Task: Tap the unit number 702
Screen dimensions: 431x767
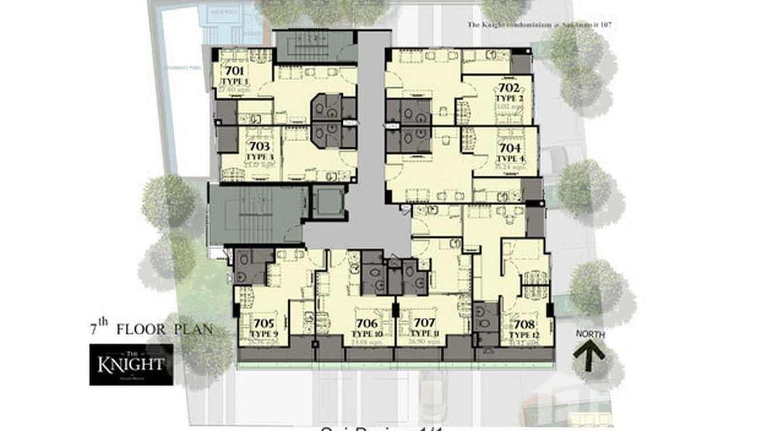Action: pos(509,88)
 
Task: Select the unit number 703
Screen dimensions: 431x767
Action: pos(259,147)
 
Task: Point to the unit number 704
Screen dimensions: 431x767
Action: pos(510,148)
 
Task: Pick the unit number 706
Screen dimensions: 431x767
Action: pos(366,324)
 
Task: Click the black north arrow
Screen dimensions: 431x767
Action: pos(589,356)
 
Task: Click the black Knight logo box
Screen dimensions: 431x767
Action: pos(131,364)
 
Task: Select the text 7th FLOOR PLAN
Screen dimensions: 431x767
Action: pos(151,329)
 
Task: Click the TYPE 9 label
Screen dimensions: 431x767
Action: pos(264,333)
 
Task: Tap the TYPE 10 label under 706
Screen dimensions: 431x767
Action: pos(366,333)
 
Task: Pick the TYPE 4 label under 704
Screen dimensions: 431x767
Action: pos(510,158)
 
